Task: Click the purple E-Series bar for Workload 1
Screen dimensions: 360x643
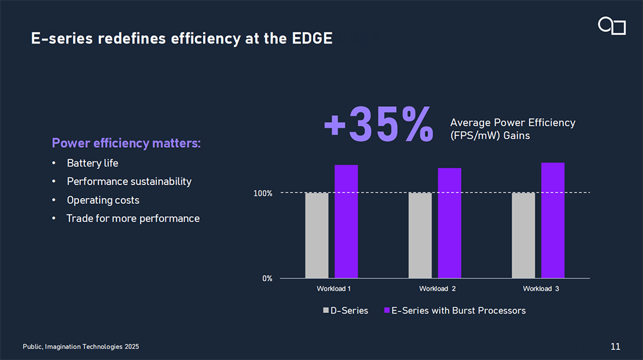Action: [346, 222]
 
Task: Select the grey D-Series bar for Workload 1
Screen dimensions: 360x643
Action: [316, 235]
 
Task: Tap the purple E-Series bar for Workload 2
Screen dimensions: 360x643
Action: [449, 223]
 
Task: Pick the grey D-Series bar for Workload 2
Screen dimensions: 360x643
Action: [420, 235]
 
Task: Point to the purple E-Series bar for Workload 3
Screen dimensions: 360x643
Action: [553, 221]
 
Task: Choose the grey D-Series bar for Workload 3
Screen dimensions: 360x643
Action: [523, 235]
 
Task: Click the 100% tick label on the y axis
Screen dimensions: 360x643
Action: [262, 193]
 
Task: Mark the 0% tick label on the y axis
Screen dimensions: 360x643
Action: [267, 278]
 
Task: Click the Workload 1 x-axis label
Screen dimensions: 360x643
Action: [333, 289]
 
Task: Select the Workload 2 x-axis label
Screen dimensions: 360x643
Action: [437, 289]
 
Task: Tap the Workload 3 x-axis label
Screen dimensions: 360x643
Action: [541, 289]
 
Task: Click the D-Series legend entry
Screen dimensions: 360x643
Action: [346, 310]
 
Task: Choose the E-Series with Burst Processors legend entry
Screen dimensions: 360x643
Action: [455, 310]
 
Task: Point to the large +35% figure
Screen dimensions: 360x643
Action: [379, 125]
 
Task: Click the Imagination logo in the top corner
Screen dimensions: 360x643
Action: [611, 26]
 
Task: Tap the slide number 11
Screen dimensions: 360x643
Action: [615, 347]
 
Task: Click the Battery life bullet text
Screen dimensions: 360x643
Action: [93, 163]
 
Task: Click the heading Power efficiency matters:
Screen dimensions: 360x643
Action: [126, 143]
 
